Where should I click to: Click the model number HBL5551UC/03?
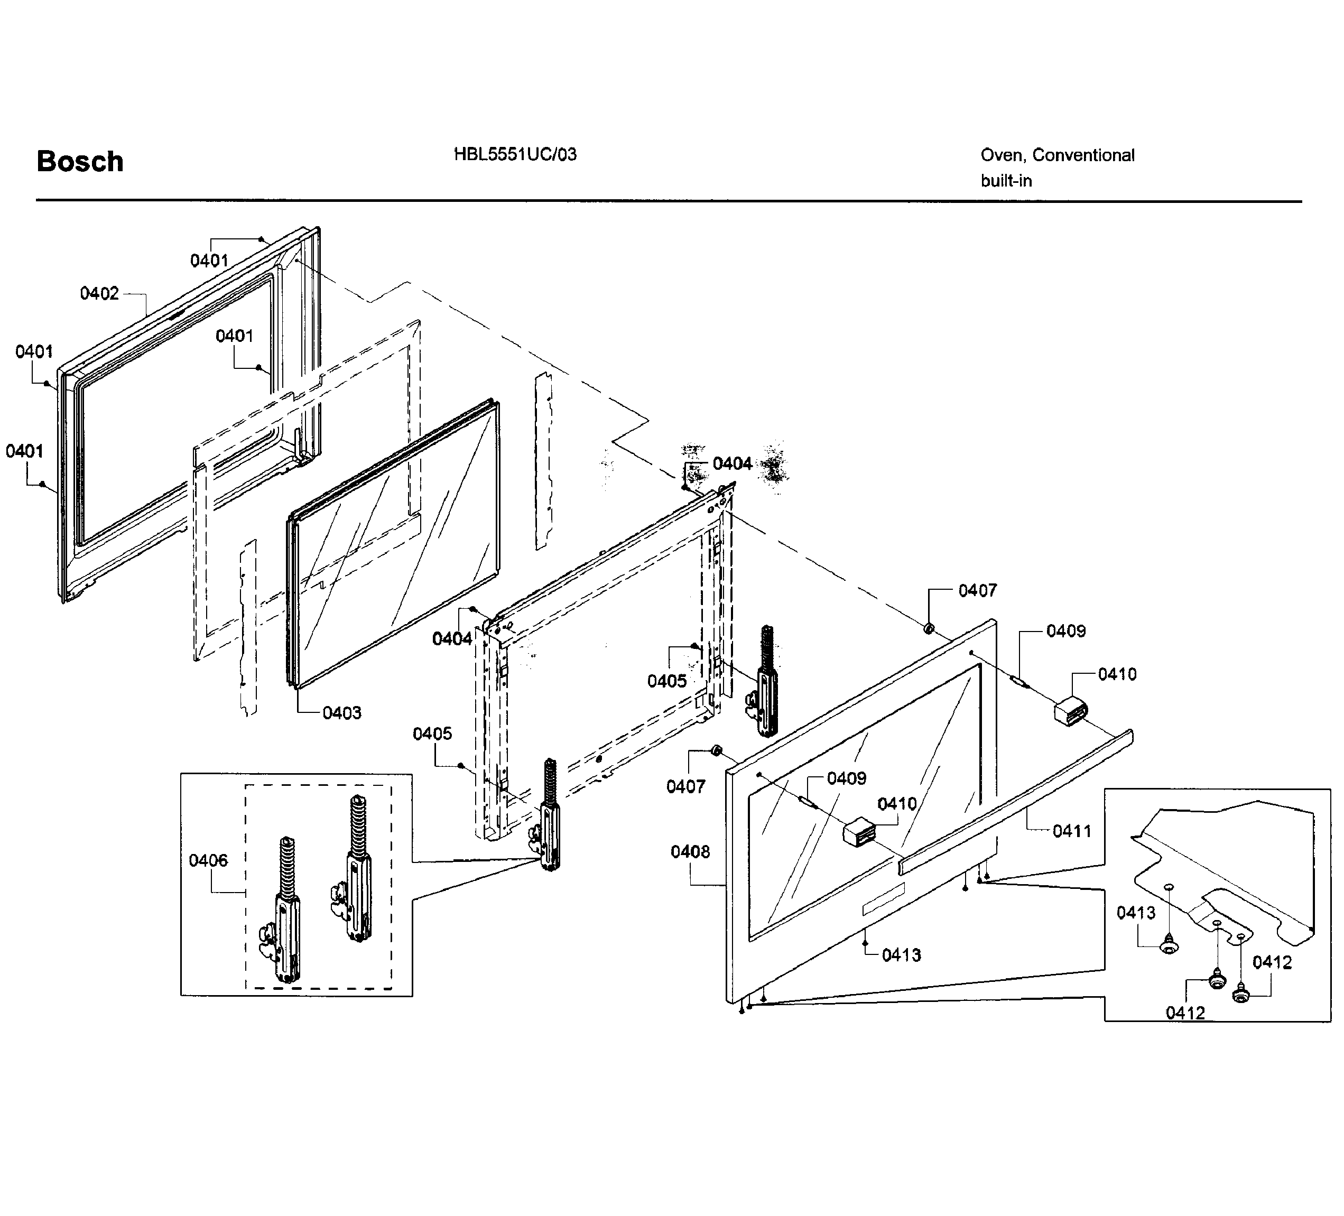click(x=515, y=155)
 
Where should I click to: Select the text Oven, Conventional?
click(x=1058, y=155)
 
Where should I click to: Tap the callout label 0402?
click(x=99, y=293)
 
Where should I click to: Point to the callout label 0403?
click(x=342, y=713)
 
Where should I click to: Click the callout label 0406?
click(x=208, y=860)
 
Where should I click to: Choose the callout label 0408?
click(x=691, y=851)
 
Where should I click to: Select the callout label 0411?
click(x=1072, y=831)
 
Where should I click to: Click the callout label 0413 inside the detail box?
click(x=1136, y=912)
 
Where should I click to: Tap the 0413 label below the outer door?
click(x=901, y=954)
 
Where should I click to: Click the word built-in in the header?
click(x=1006, y=181)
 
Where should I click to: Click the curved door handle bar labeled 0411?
click(x=1013, y=801)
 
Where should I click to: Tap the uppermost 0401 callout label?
click(x=209, y=260)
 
